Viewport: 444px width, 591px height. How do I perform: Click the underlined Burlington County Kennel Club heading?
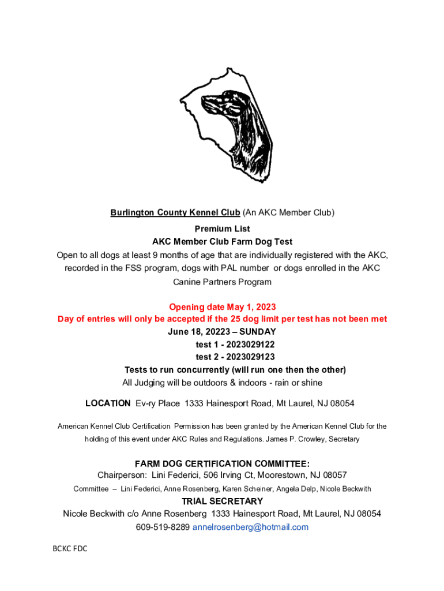(x=175, y=212)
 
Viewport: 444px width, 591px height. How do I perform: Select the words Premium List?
(x=222, y=229)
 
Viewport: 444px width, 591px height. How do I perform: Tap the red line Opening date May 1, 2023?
(x=222, y=306)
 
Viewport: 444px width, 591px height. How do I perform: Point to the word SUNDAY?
(x=258, y=332)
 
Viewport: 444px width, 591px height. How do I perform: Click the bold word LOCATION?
(x=108, y=403)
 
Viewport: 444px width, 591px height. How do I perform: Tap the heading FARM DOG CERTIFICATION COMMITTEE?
(x=222, y=463)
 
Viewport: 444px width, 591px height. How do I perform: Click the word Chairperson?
(x=122, y=475)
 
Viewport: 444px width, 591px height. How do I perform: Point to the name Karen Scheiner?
(x=249, y=489)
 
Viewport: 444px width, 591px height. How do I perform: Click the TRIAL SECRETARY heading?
(x=222, y=501)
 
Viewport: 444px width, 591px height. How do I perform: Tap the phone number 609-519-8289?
(x=163, y=527)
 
